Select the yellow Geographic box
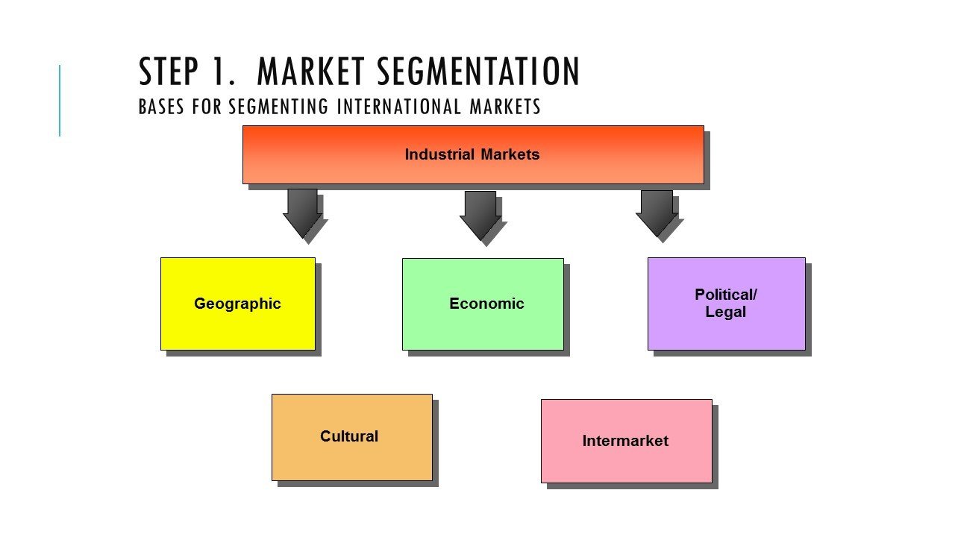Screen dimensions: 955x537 tap(237, 304)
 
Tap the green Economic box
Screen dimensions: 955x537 tap(483, 304)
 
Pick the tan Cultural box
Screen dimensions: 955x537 tap(351, 437)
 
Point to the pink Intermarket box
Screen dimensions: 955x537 tap(626, 441)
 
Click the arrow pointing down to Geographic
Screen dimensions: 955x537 tap(302, 213)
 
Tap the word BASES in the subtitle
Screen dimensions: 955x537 tap(162, 107)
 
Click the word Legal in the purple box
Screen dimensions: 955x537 tap(725, 312)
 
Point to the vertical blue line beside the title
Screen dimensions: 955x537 tap(60, 101)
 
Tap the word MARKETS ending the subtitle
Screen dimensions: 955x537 tap(505, 107)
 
